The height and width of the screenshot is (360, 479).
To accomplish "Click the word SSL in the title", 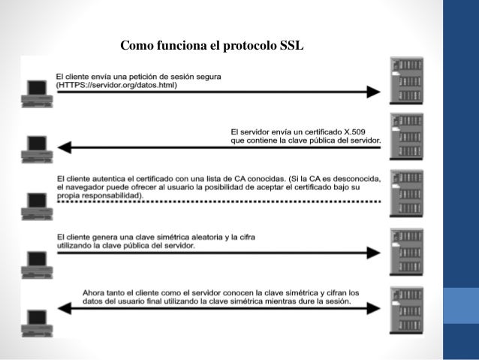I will point(291,46).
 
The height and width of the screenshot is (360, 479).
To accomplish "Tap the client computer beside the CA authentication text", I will point(36,202).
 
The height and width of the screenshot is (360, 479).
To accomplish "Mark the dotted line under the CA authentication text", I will point(218,203).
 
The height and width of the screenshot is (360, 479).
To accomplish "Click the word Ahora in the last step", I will point(96,292).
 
